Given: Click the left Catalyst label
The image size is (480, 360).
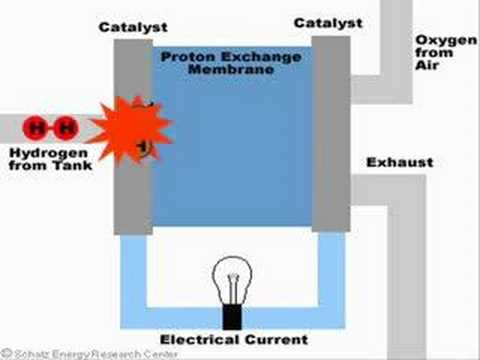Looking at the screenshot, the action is pyautogui.click(x=133, y=27).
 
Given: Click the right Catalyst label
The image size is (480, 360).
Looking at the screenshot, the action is pyautogui.click(x=328, y=23).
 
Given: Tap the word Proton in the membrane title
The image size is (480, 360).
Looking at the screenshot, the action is pyautogui.click(x=188, y=57).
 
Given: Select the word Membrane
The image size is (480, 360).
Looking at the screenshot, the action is pyautogui.click(x=231, y=69).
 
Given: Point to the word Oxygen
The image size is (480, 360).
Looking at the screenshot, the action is pyautogui.click(x=446, y=41).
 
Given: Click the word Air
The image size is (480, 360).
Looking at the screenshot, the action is pyautogui.click(x=427, y=65).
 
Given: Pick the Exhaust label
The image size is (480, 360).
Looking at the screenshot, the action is pyautogui.click(x=400, y=162).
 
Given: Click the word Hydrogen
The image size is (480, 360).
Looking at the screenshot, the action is pyautogui.click(x=49, y=154).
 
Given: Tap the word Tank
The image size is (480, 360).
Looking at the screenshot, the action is pyautogui.click(x=73, y=165).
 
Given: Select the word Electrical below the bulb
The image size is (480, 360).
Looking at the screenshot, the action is pyautogui.click(x=200, y=340).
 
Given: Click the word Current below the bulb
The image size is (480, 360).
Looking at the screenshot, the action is pyautogui.click(x=276, y=340).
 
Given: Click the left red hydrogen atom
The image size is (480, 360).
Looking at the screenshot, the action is pyautogui.click(x=36, y=128).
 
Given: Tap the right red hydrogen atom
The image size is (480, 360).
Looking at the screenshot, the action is pyautogui.click(x=66, y=128).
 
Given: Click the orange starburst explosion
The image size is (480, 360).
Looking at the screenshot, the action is pyautogui.click(x=131, y=130).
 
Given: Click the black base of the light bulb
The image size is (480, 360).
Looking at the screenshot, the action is pyautogui.click(x=232, y=317).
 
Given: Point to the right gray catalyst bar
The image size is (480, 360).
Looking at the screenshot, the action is pyautogui.click(x=331, y=134).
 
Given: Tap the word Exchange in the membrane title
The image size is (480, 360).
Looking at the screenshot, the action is pyautogui.click(x=261, y=57).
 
